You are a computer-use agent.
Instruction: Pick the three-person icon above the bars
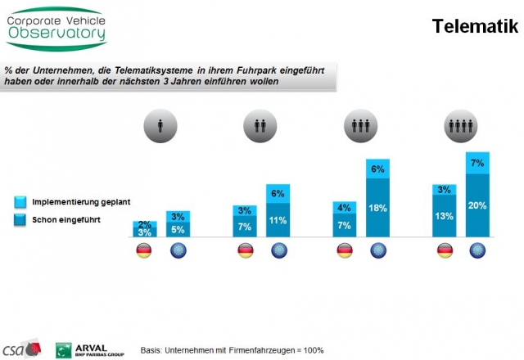(x=357, y=127)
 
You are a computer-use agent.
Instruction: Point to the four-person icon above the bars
(x=457, y=127)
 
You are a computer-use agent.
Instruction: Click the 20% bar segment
(x=477, y=205)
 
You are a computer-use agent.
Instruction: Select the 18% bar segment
(x=377, y=208)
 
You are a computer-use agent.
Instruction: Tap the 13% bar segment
(x=445, y=217)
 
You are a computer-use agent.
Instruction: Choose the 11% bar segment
(x=278, y=220)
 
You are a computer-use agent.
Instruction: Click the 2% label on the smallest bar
(x=144, y=224)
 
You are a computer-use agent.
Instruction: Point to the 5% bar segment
(x=178, y=229)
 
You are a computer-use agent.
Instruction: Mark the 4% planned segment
(x=345, y=208)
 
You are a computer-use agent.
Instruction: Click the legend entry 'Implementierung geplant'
(x=72, y=201)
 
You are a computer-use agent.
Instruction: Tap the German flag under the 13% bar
(x=445, y=250)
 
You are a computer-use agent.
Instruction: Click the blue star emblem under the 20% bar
(x=477, y=250)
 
